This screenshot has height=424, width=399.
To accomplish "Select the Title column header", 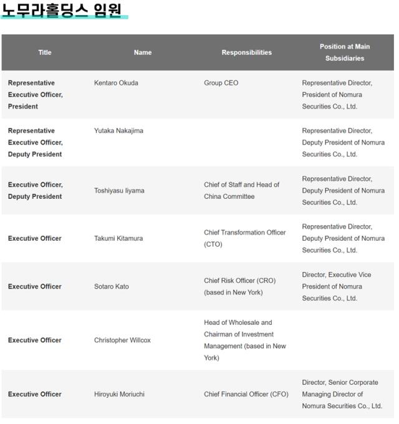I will point(45,52).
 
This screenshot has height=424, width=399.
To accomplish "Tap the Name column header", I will point(143,52).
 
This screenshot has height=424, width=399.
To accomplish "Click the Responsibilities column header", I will point(246,52).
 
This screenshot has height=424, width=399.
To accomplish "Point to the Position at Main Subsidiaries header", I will point(344,52).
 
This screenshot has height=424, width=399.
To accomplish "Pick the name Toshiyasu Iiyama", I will point(119,191).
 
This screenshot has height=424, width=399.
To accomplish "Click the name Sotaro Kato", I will point(113,286).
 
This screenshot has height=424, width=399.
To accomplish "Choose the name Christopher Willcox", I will point(122,340).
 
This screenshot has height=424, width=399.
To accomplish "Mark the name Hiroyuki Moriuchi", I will point(120,394).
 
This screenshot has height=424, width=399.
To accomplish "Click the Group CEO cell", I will point(221,83).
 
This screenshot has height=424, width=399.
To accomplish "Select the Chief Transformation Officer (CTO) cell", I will point(244,238).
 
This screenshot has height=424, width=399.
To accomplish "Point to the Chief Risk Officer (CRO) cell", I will point(239,286).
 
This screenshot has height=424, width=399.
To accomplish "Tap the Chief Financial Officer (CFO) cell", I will point(246,394).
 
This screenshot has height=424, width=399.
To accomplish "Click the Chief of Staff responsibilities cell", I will point(241,191).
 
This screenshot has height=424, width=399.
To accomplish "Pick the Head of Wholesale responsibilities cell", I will point(244,340).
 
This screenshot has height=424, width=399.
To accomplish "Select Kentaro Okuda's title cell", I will point(36,95).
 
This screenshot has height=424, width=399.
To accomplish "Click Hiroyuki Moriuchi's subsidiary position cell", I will point(342,394).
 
